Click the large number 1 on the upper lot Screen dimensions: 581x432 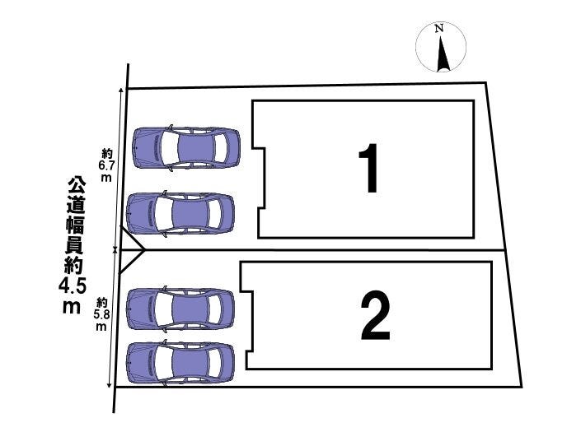[369, 169]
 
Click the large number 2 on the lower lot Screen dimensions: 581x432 [375, 315]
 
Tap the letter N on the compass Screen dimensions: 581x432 [439, 28]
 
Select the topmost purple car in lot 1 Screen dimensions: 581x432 [186, 148]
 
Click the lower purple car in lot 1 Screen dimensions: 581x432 [180, 213]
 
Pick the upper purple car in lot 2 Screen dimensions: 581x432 [180, 309]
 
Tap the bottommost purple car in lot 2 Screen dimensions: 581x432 [180, 363]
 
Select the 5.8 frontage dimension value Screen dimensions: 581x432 [101, 315]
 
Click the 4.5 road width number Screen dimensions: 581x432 [73, 286]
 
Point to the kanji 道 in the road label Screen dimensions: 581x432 [76, 205]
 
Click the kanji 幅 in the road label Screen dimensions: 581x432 [75, 225]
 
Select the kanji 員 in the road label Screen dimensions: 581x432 [74, 245]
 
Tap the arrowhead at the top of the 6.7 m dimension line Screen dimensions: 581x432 [121, 91]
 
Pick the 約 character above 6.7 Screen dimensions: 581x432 [107, 154]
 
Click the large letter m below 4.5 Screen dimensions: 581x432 [72, 306]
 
